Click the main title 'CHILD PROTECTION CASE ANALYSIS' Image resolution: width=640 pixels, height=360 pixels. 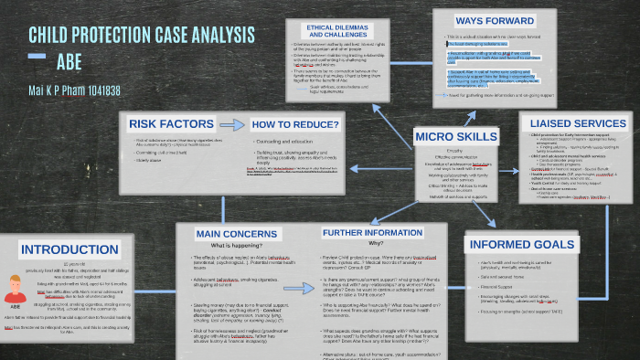pyautogui.click(x=142, y=36)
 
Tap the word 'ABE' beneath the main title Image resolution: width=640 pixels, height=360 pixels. pyautogui.click(x=69, y=62)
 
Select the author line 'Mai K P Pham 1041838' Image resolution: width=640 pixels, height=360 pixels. pyautogui.click(x=63, y=90)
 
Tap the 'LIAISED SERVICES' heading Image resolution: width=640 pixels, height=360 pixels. pyautogui.click(x=575, y=122)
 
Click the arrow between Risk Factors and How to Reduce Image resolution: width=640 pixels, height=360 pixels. pyautogui.click(x=217, y=124)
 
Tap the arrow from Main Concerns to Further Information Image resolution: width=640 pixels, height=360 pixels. pyautogui.click(x=293, y=235)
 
